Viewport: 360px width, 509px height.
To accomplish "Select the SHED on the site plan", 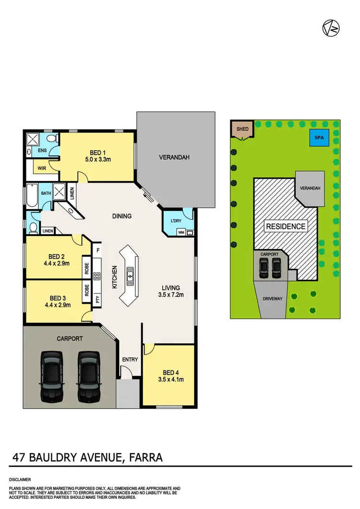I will pyautogui.click(x=241, y=129).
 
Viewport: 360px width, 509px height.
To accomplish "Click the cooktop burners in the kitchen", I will pyautogui.click(x=96, y=276).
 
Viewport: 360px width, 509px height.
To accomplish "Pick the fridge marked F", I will pyautogui.click(x=98, y=250).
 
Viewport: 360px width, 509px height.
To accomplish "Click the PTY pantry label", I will pyautogui.click(x=97, y=300).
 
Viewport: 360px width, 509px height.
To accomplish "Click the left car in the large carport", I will pyautogui.click(x=51, y=376).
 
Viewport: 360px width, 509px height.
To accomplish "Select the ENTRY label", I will pyautogui.click(x=130, y=359).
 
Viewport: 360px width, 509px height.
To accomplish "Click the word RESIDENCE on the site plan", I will pyautogui.click(x=286, y=226).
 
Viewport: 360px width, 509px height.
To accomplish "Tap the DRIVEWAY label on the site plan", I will pyautogui.click(x=272, y=298).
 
